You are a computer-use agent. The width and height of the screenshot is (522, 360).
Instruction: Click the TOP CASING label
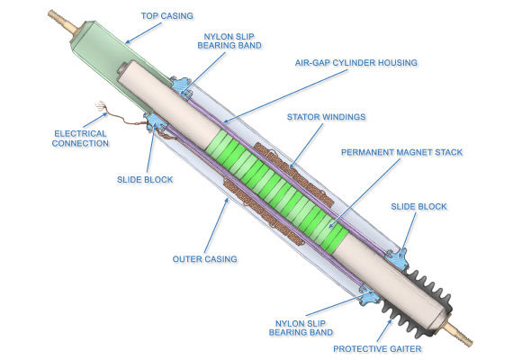click(166, 16)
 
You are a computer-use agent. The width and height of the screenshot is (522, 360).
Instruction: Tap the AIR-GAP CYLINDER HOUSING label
click(355, 63)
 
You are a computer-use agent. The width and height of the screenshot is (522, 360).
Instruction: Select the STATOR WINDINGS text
click(326, 117)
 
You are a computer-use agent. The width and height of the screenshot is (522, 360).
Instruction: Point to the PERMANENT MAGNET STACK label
click(401, 152)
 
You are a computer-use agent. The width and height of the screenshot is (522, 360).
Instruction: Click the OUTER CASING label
click(204, 259)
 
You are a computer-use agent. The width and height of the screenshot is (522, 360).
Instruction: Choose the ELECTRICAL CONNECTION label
click(80, 139)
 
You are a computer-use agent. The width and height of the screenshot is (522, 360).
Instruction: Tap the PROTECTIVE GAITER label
click(377, 348)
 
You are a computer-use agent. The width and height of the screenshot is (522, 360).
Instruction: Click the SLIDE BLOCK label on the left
click(145, 179)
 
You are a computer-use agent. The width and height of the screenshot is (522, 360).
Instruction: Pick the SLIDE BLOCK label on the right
click(418, 206)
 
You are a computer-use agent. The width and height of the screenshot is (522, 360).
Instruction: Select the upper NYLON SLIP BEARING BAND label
click(229, 41)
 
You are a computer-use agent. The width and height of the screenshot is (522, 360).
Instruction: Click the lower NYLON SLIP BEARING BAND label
click(301, 328)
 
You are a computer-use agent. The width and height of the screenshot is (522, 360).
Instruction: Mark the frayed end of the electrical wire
click(100, 106)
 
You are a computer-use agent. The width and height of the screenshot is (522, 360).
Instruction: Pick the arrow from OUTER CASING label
click(217, 225)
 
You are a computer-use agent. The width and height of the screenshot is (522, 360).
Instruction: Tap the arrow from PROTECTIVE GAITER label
click(384, 330)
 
